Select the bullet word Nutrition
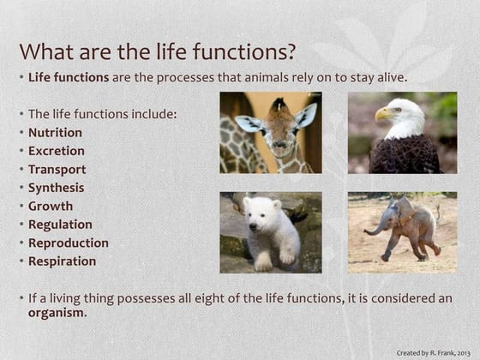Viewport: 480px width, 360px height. (55, 133)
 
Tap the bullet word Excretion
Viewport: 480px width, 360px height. (56, 151)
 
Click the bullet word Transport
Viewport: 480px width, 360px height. (57, 170)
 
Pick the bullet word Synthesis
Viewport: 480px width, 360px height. (56, 188)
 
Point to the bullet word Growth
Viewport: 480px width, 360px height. (51, 207)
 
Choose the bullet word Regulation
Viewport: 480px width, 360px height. (60, 225)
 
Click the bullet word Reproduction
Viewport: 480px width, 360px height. (68, 243)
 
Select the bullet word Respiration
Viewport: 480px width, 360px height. (62, 261)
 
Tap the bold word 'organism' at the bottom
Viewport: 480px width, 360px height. (57, 312)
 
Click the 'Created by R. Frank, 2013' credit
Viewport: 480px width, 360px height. (432, 352)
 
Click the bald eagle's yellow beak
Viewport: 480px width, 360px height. (382, 113)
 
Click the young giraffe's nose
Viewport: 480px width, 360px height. (275, 147)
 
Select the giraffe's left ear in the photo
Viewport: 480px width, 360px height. (249, 123)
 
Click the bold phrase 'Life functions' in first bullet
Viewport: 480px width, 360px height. (68, 77)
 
